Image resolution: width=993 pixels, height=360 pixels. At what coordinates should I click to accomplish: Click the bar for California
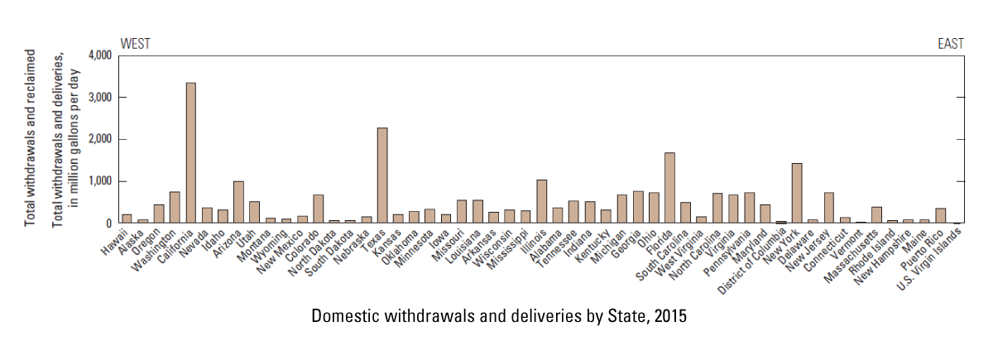pyautogui.click(x=190, y=153)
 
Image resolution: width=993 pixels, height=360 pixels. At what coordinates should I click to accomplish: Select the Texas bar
pyautogui.click(x=382, y=175)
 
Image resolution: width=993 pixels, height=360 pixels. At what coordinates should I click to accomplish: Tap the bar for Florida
pyautogui.click(x=669, y=188)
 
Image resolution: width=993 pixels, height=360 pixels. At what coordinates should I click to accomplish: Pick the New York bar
pyautogui.click(x=798, y=193)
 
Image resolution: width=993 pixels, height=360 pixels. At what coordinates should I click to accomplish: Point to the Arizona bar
pyautogui.click(x=238, y=202)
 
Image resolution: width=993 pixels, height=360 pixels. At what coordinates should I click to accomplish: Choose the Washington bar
pyautogui.click(x=175, y=208)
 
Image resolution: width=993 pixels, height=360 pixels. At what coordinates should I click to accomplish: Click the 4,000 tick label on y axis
pyautogui.click(x=98, y=55)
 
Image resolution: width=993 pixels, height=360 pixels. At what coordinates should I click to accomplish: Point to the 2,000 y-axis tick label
pyautogui.click(x=98, y=140)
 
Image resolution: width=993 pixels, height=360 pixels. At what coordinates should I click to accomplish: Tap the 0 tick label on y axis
pyautogui.click(x=108, y=223)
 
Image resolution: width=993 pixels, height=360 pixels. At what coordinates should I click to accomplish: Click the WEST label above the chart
pyautogui.click(x=136, y=44)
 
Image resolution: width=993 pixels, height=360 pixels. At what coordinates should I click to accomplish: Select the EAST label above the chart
pyautogui.click(x=950, y=44)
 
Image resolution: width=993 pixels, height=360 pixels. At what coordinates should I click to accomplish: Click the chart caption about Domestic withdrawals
pyautogui.click(x=500, y=316)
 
